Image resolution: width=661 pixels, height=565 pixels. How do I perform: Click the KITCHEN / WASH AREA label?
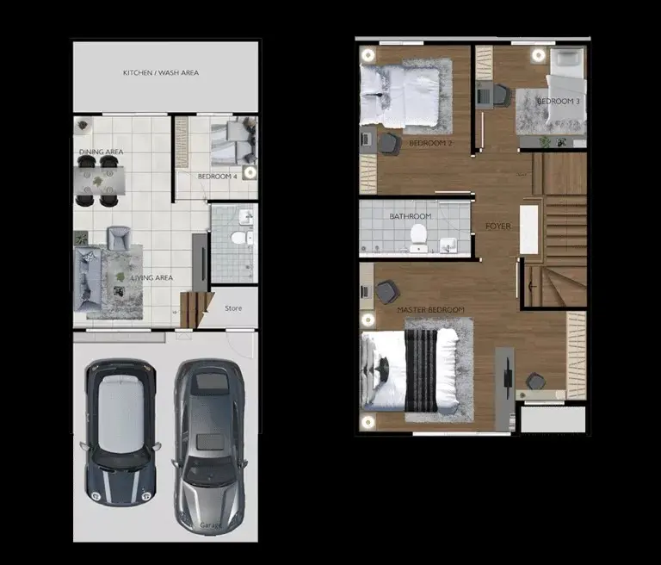[161, 72]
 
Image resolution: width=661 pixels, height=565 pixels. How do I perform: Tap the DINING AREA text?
[102, 152]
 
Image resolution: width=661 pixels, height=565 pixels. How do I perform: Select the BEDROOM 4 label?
[218, 177]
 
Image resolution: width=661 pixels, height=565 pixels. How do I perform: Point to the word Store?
[233, 308]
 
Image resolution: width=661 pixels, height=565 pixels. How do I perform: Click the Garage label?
[210, 525]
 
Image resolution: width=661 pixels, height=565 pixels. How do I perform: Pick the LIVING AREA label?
[152, 277]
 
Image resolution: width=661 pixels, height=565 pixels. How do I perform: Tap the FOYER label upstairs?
[497, 227]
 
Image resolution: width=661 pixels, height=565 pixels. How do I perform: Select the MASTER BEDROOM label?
[430, 310]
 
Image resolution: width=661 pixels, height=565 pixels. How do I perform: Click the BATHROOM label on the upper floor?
[411, 216]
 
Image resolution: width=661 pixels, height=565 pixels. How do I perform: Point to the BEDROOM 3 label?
[558, 102]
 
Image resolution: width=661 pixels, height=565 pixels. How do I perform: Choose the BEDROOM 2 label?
[430, 144]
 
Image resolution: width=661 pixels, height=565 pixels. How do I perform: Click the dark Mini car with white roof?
[120, 432]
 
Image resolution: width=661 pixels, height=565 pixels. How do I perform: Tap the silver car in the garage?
[209, 446]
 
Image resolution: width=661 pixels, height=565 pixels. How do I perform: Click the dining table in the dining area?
[99, 181]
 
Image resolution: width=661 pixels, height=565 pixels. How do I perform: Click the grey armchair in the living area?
[119, 239]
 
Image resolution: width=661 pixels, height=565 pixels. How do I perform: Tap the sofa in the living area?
[88, 279]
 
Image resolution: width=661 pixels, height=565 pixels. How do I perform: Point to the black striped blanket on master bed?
[421, 371]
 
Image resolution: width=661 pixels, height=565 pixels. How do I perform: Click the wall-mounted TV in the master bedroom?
[508, 373]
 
